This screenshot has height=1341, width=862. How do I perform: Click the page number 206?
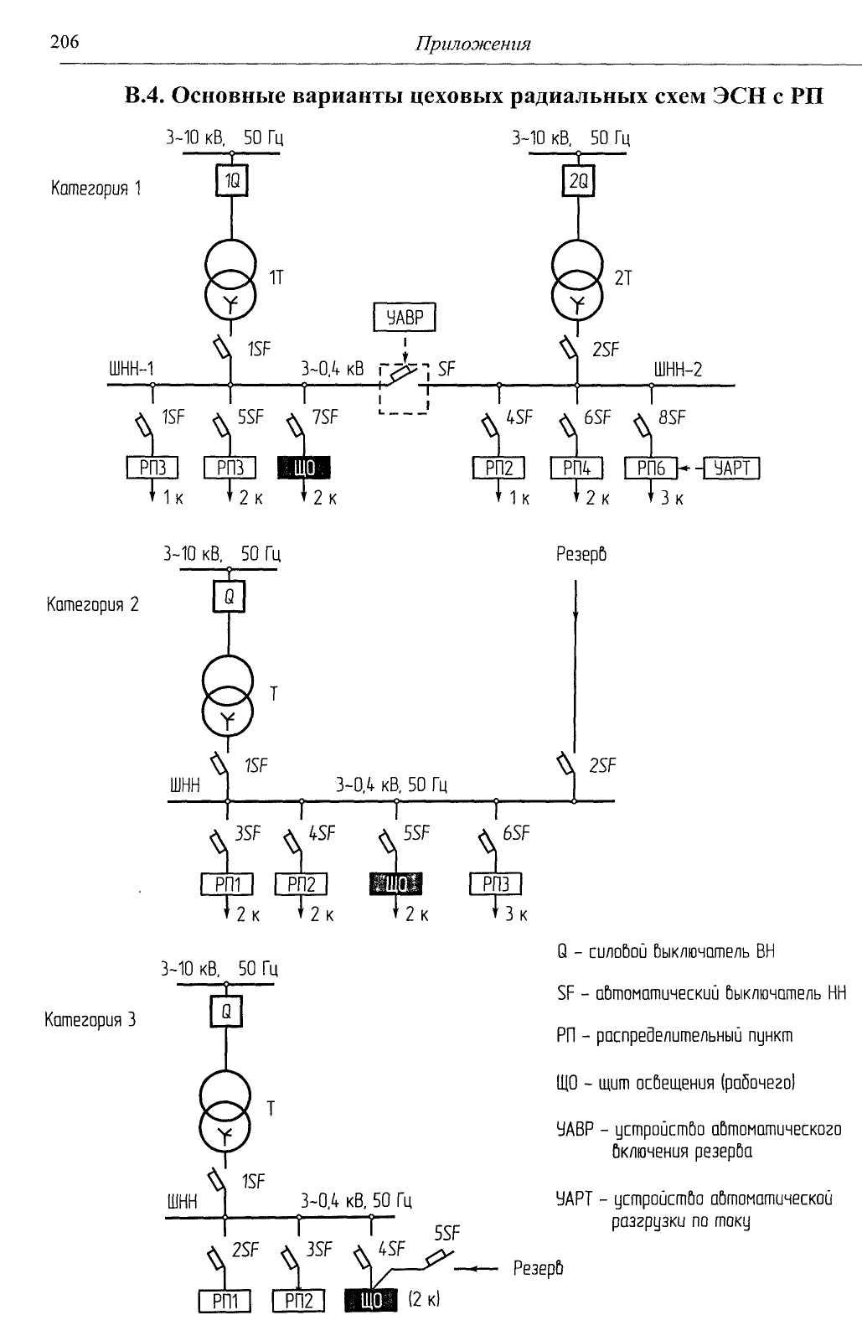(65, 41)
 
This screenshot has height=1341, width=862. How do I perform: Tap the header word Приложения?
(472, 44)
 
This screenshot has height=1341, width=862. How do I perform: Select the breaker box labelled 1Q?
(232, 180)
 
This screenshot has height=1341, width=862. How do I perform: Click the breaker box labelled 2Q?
(578, 180)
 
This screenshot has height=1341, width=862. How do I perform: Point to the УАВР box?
(405, 318)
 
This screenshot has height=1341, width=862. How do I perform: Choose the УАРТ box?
(732, 468)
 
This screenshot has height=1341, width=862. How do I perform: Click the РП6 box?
(651, 468)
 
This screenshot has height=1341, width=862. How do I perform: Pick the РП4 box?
(576, 468)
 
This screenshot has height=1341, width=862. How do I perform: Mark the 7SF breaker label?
(325, 417)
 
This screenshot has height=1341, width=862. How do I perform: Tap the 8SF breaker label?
(672, 417)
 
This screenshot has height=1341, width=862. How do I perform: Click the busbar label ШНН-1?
(132, 369)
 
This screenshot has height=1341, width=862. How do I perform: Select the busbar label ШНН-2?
(678, 369)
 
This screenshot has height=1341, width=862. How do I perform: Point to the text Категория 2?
(93, 604)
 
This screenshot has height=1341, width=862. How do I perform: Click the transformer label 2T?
(622, 278)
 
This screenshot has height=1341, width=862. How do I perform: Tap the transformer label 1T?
(276, 278)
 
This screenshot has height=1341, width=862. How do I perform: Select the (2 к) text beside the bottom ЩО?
(424, 1299)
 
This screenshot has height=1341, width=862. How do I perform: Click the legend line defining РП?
(674, 1036)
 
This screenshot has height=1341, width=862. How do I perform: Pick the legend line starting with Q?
(665, 951)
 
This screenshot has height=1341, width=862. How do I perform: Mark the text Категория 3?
(90, 1020)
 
